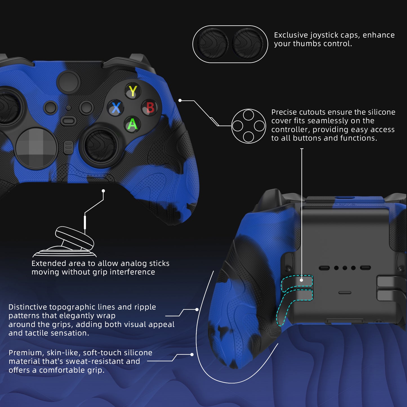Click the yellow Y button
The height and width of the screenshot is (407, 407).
click(132, 91)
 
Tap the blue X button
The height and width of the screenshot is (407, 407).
click(116, 108)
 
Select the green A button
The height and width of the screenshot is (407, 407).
click(132, 124)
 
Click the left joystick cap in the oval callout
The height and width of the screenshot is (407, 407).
click(213, 44)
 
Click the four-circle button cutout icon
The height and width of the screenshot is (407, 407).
click(248, 126)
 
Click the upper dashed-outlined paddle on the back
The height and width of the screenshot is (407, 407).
click(297, 281)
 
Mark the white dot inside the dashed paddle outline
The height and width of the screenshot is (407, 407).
click(301, 280)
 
